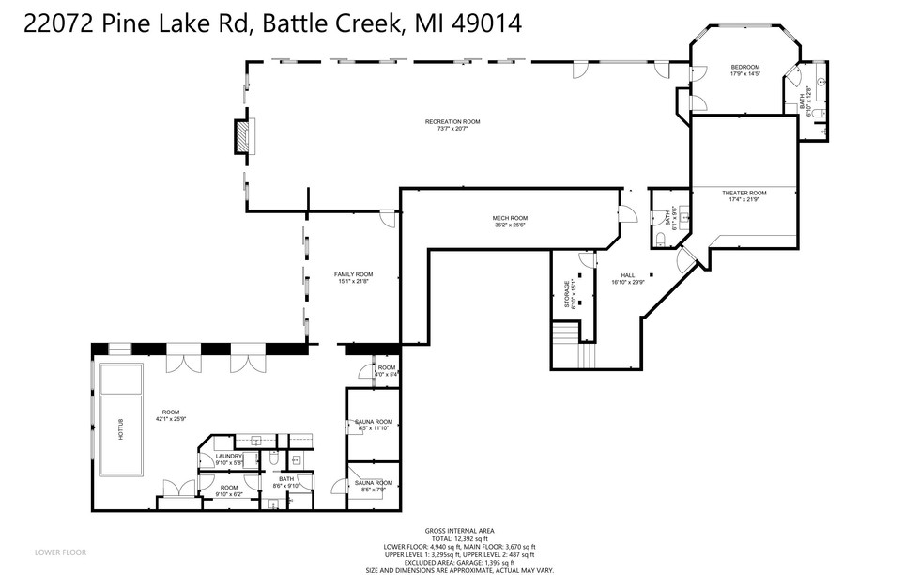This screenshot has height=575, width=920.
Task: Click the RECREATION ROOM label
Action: pos(452,121)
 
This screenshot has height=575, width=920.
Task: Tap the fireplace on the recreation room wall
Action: pos(243,135)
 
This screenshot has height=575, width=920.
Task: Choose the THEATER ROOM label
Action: pos(744,193)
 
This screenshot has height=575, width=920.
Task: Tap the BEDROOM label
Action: pos(745,67)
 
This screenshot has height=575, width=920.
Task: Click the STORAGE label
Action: pos(566,295)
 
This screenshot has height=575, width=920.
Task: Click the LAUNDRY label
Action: pos(229,456)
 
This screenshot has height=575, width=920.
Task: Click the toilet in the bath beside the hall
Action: pos(662,241)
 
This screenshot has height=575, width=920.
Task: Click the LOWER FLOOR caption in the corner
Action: pos(61,552)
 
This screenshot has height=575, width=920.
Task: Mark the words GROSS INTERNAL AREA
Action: pos(459,530)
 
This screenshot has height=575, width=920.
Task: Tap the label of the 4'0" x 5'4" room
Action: pos(387,367)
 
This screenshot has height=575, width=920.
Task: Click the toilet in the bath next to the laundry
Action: pos(270,461)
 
